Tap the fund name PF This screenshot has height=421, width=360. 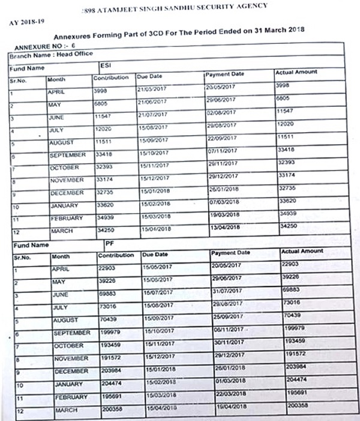pyautogui.click(x=109, y=244)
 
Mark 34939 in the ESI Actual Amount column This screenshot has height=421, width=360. pyautogui.click(x=288, y=213)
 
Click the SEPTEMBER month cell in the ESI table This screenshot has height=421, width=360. pyautogui.click(x=67, y=154)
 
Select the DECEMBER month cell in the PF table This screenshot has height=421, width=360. pyautogui.click(x=71, y=371)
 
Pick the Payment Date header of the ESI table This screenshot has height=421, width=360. pyautogui.click(x=225, y=74)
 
